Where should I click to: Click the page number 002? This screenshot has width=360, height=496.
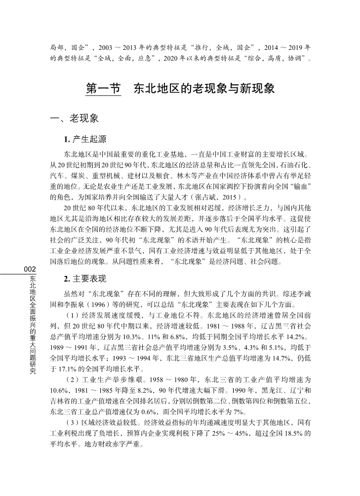(x=30, y=269)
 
